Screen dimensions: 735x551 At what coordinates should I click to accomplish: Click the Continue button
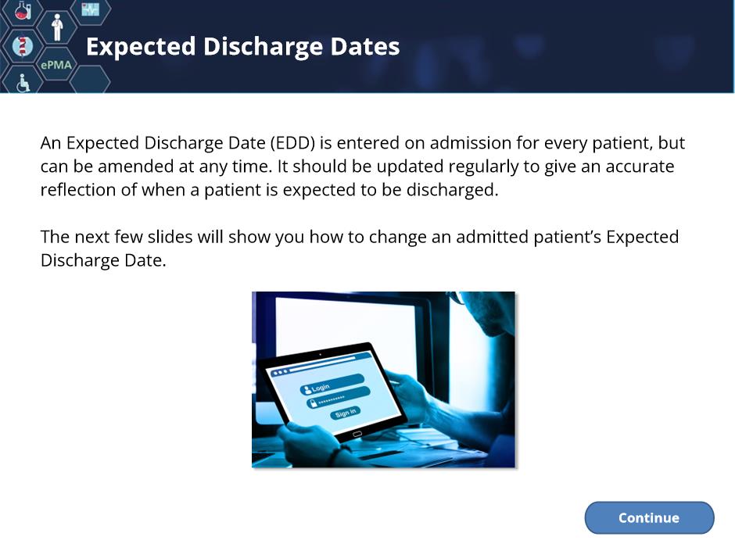click(x=649, y=517)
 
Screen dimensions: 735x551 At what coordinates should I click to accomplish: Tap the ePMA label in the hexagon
click(x=56, y=65)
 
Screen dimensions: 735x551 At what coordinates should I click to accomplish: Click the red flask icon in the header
click(x=22, y=10)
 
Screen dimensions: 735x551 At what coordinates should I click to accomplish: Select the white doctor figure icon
click(x=57, y=27)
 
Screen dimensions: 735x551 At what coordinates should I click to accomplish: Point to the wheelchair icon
click(x=23, y=83)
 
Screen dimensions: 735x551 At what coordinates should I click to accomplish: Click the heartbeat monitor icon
click(x=90, y=9)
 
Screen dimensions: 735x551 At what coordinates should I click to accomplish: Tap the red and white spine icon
click(x=23, y=46)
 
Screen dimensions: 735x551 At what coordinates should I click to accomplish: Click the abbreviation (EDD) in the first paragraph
click(x=292, y=143)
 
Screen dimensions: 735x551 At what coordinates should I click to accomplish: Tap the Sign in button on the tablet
click(x=346, y=413)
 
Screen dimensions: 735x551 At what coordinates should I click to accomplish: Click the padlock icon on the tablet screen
click(x=312, y=403)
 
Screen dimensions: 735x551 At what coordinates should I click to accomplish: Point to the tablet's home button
click(x=357, y=435)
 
